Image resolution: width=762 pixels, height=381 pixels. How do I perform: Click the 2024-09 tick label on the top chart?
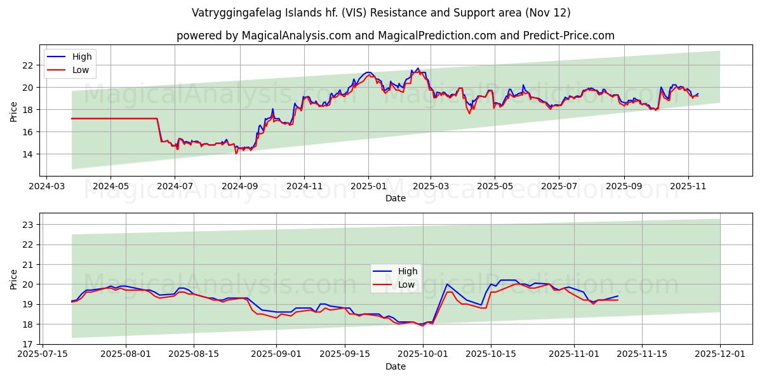[x=239, y=187]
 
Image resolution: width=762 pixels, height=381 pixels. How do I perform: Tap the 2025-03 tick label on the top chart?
[x=431, y=187]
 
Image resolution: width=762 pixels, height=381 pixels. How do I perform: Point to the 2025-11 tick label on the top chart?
[x=688, y=187]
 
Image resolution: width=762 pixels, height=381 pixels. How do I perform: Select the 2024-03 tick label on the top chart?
[x=46, y=187]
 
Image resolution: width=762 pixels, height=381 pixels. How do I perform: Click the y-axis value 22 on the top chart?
[x=27, y=65]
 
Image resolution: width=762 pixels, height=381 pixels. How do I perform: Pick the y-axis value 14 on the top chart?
[x=27, y=154]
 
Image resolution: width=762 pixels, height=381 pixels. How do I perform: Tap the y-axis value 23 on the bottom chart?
[x=27, y=225]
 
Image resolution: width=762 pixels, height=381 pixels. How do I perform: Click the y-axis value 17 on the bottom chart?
[x=27, y=344]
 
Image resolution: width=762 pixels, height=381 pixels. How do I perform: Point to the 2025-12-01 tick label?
[x=720, y=354]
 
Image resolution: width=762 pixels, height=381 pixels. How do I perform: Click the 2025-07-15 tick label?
[x=43, y=354]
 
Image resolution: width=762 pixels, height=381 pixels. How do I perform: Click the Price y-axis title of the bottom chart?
[x=13, y=279]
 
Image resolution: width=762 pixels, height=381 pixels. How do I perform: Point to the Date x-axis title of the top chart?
[x=395, y=198]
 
